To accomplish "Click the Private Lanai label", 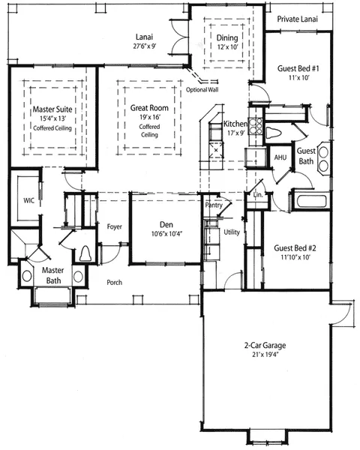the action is pyautogui.click(x=298, y=19).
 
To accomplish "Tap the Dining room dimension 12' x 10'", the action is pyautogui.click(x=228, y=47).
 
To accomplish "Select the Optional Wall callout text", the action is pyautogui.click(x=202, y=89).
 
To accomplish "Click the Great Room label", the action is pyautogui.click(x=149, y=108).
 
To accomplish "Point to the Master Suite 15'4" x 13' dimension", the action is pyautogui.click(x=53, y=118).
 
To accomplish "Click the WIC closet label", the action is pyautogui.click(x=28, y=200).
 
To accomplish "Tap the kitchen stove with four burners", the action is pyautogui.click(x=255, y=126).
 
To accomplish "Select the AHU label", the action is pyautogui.click(x=280, y=157).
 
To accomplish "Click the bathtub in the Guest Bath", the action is pyautogui.click(x=311, y=201).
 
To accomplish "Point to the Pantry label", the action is pyautogui.click(x=214, y=205).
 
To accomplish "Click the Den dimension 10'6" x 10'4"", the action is pyautogui.click(x=166, y=234).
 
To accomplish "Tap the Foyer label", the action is pyautogui.click(x=114, y=226).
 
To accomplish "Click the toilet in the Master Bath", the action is pyautogui.click(x=85, y=253).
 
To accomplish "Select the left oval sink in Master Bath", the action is pyautogui.click(x=27, y=276).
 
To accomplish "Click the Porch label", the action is pyautogui.click(x=114, y=283).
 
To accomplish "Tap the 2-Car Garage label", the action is pyautogui.click(x=265, y=345).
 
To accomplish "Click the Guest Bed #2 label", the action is pyautogui.click(x=295, y=248).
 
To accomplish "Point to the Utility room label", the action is pyautogui.click(x=232, y=232).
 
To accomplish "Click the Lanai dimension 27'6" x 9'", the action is pyautogui.click(x=145, y=46).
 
